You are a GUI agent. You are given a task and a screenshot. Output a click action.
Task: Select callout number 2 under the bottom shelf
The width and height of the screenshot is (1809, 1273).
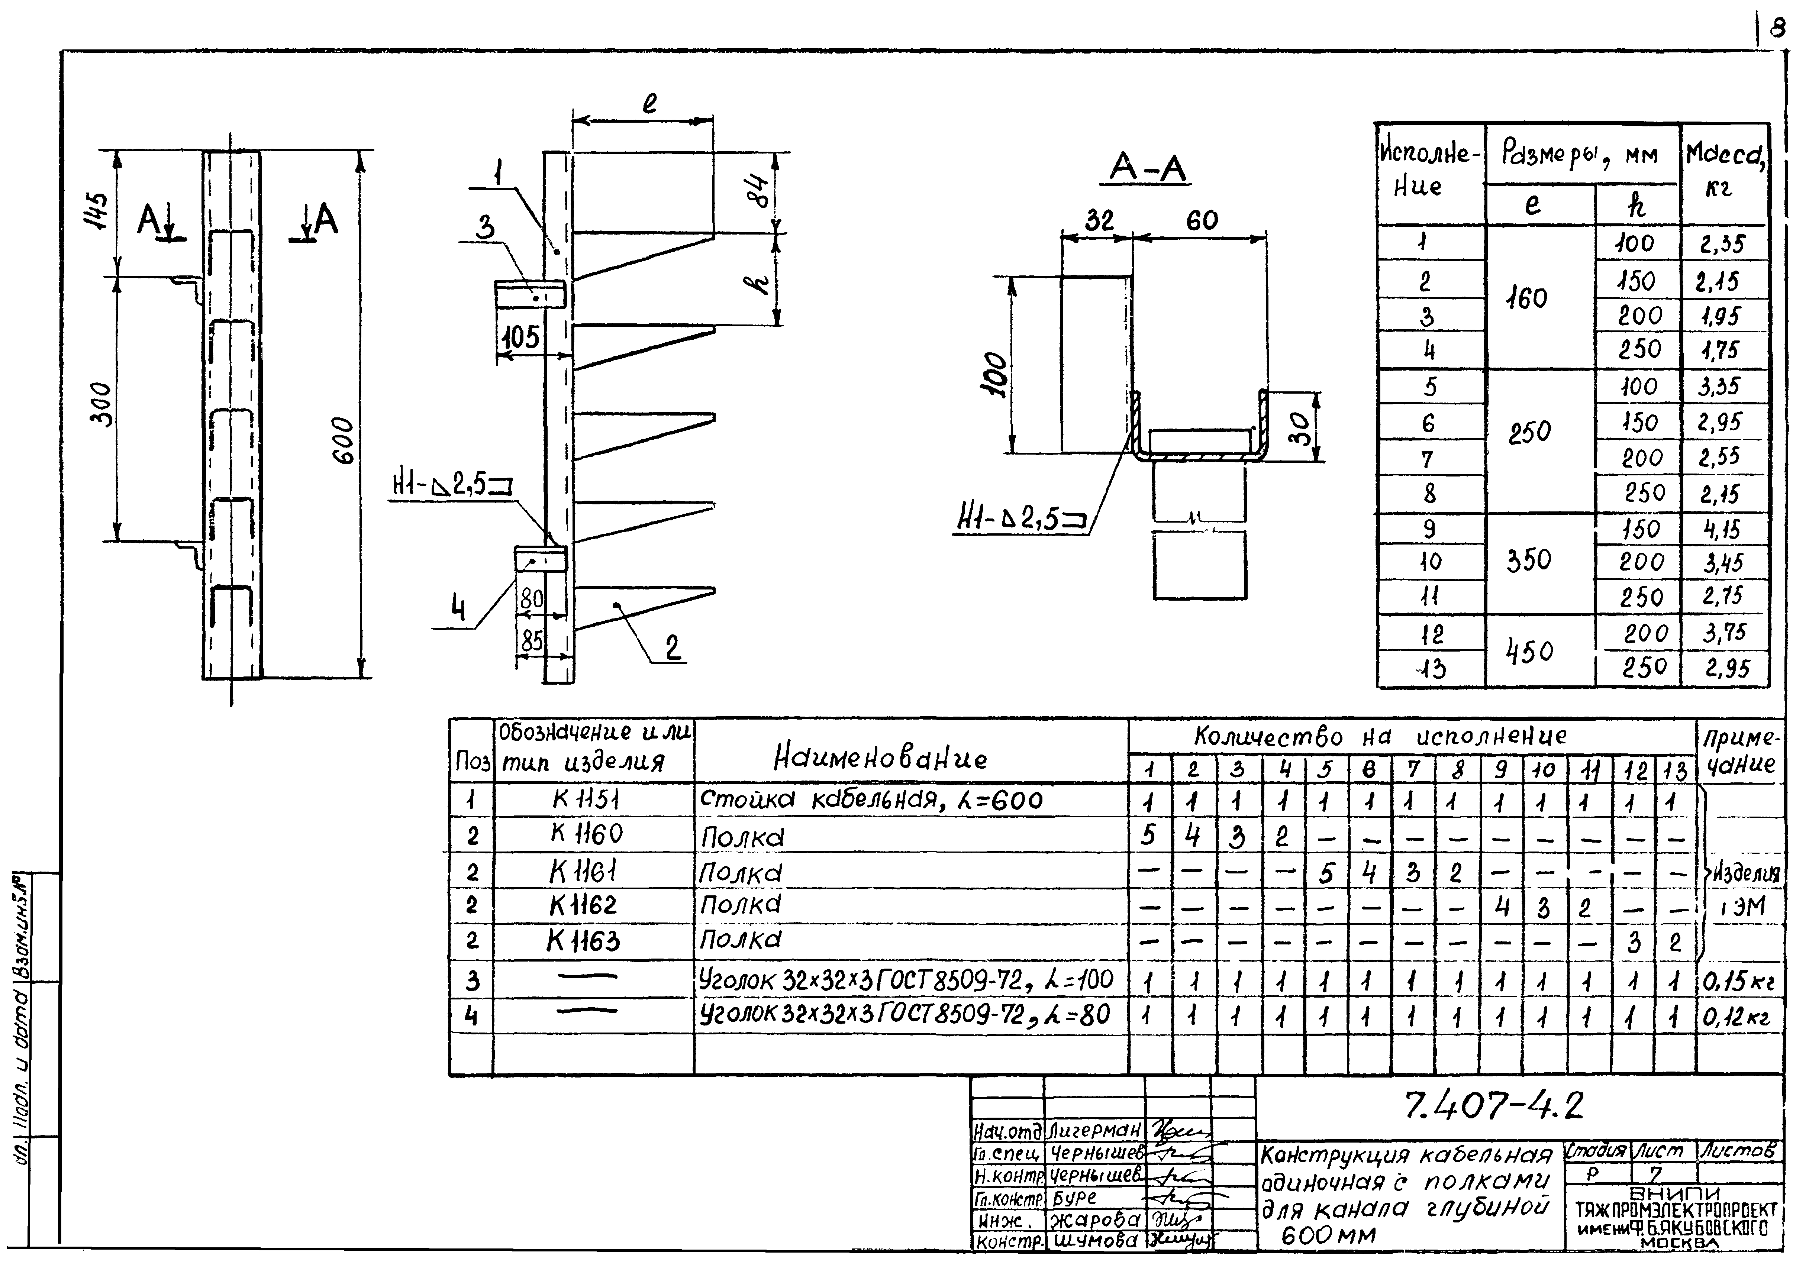point(672,647)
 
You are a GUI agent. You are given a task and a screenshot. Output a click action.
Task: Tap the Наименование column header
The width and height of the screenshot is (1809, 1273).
point(879,759)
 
